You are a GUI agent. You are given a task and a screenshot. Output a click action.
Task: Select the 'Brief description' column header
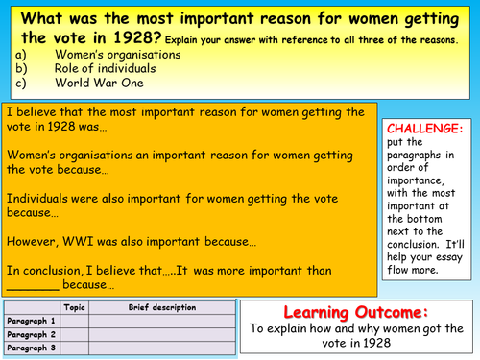[161, 308]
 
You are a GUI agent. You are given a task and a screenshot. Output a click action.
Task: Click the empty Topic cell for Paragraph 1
[74, 321]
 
